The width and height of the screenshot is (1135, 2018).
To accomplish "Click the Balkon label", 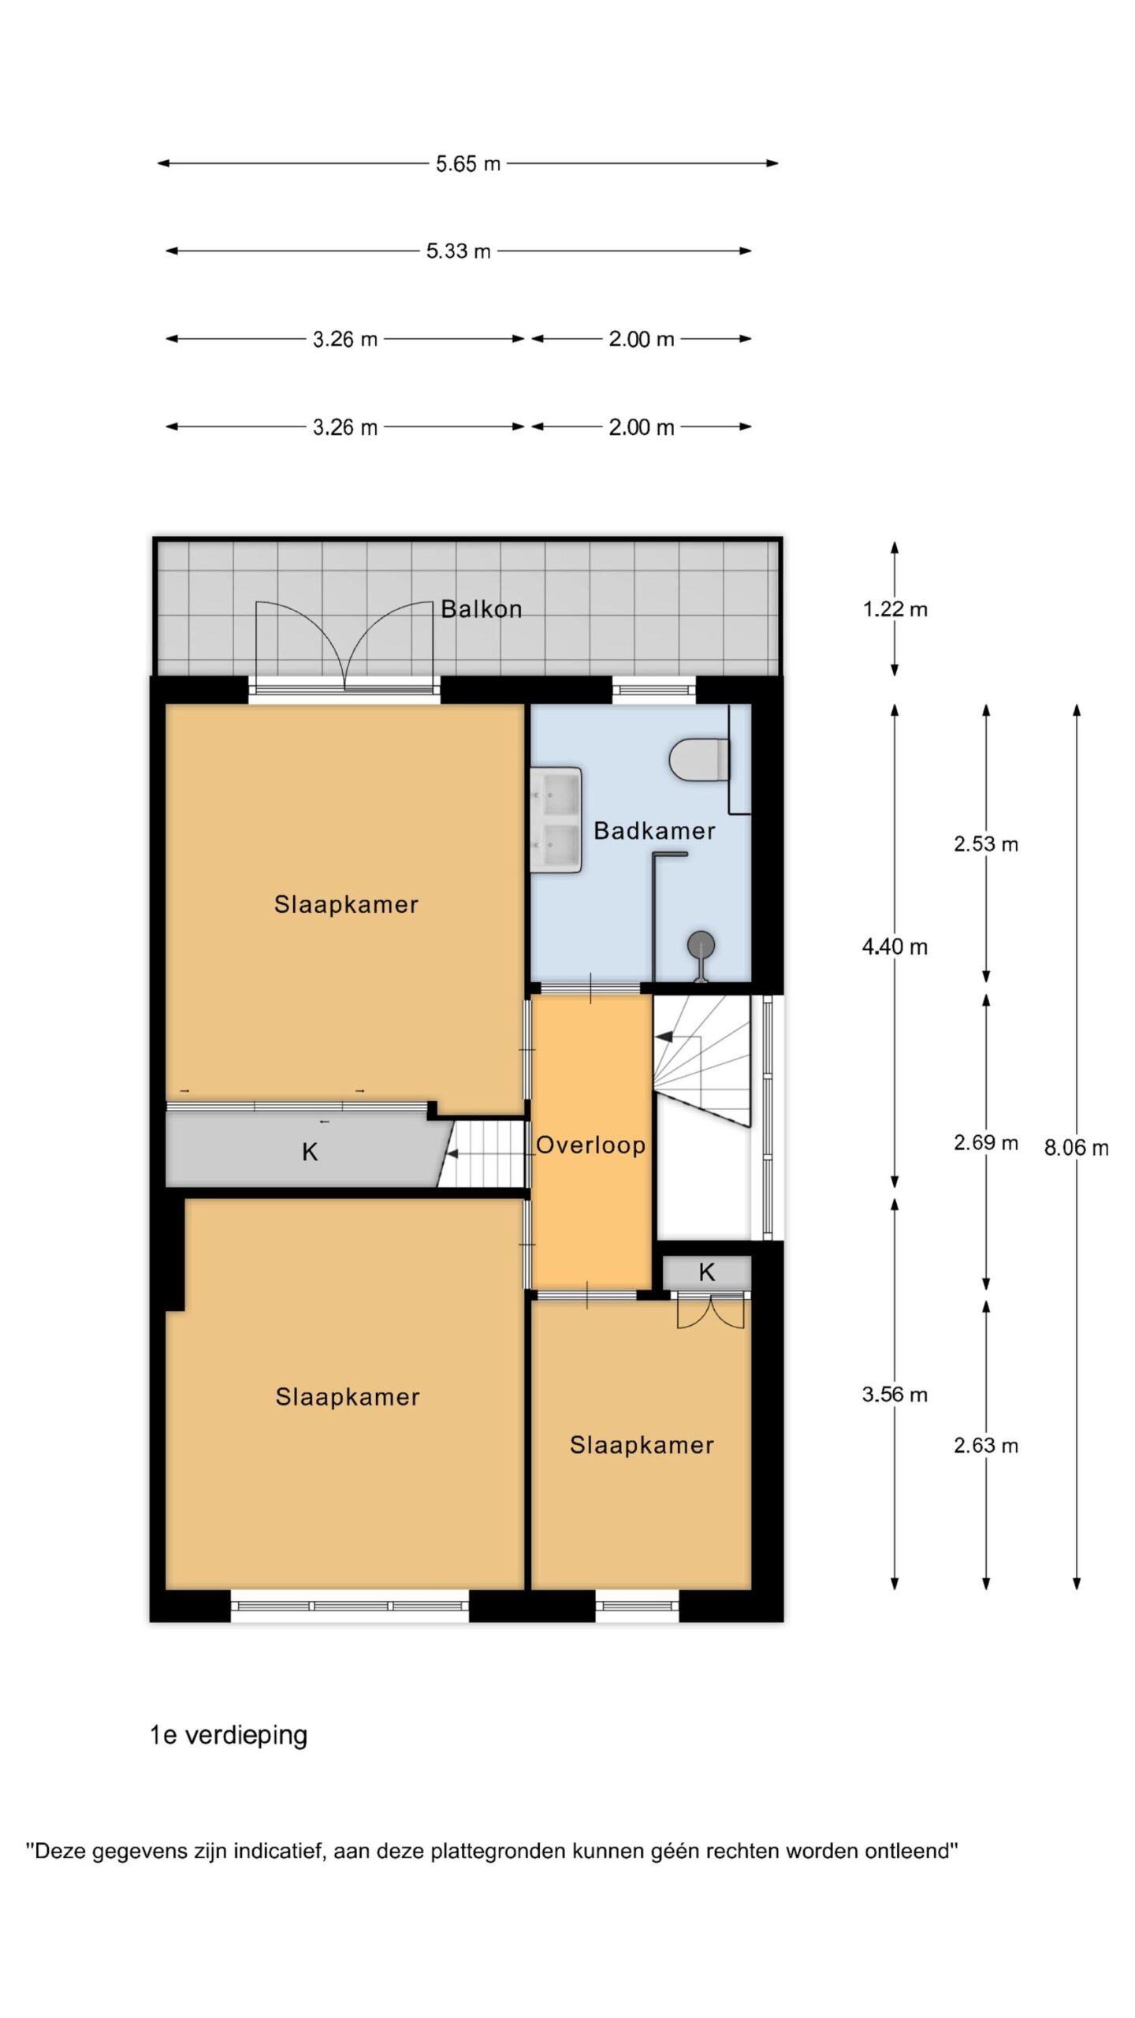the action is coord(481,609).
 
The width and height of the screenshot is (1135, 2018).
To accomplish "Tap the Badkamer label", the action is coord(654,830).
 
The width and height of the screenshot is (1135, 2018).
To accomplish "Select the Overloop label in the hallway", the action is coord(590,1145).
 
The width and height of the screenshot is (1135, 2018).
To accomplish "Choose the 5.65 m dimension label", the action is coord(468,164).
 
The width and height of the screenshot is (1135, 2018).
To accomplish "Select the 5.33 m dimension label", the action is coord(458,251).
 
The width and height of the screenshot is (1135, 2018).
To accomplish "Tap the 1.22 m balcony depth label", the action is coord(895,609).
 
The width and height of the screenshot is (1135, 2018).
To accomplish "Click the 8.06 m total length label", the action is coord(1076,1148).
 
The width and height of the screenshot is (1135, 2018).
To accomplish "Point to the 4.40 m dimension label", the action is coord(895,947).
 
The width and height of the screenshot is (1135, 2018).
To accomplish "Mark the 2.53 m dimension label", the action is coord(986,844).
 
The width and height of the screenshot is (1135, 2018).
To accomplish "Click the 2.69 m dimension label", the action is coord(986,1142).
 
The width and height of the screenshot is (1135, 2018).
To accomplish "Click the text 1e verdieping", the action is coord(229,1736).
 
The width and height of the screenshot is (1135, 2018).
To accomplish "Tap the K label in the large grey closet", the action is coord(310,1152).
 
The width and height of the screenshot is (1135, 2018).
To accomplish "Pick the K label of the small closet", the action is coord(707,1271).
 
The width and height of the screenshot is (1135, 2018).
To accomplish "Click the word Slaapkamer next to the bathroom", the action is coord(346,904).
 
